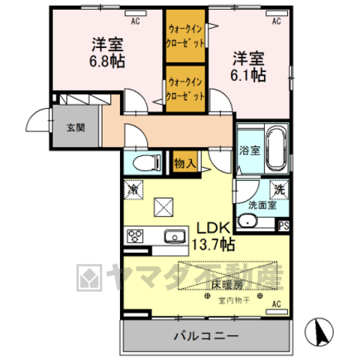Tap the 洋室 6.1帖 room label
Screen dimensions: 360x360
coord(248,65)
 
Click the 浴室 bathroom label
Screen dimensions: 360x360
coord(250,149)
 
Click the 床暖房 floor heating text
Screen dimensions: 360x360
coord(225,285)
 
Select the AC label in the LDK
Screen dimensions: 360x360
coord(275,304)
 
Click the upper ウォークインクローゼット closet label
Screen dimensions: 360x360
coord(185,34)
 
